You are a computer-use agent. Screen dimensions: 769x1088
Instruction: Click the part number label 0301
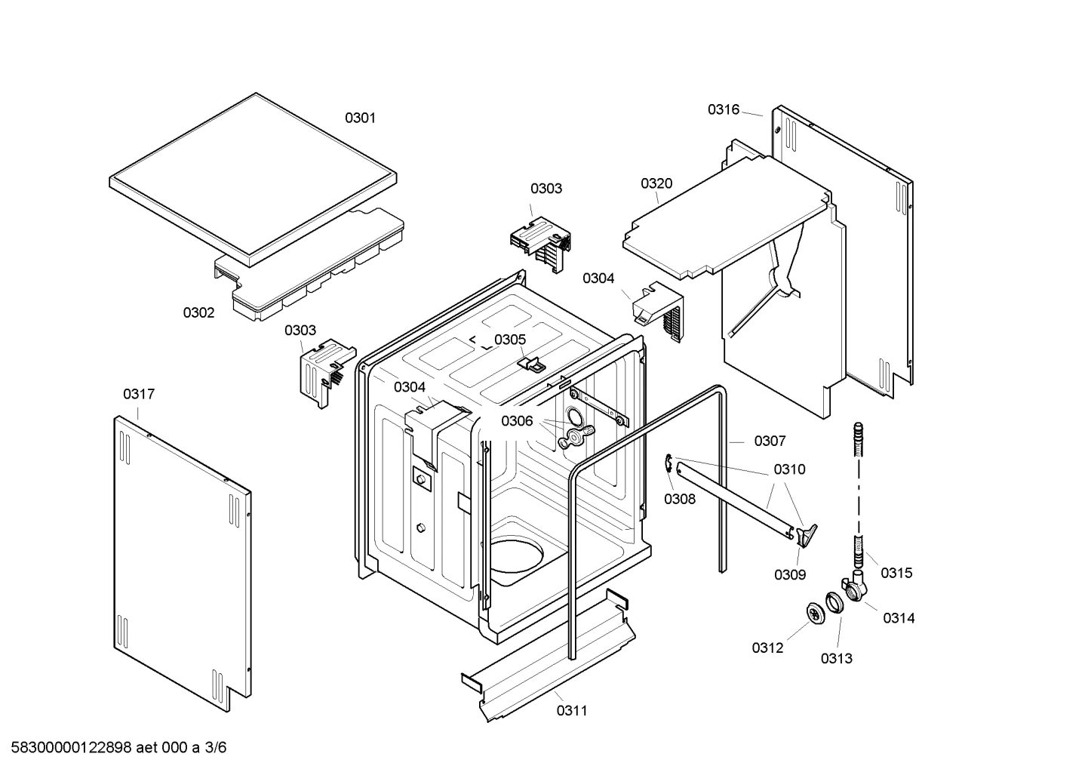360,118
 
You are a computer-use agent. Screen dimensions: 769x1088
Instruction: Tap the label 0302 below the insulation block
198,312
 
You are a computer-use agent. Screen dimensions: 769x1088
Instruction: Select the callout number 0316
723,109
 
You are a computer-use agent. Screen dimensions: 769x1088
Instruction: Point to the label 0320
656,183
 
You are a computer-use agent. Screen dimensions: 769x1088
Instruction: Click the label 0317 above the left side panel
139,394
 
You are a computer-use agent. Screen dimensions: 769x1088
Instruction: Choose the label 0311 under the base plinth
572,710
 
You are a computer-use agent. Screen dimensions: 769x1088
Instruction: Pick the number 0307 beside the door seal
770,441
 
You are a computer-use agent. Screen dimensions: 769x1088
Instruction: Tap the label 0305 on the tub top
510,340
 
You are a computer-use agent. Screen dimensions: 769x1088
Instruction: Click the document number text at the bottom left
113,748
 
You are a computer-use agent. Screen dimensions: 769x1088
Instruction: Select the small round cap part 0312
814,614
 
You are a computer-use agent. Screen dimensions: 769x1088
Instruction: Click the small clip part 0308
669,466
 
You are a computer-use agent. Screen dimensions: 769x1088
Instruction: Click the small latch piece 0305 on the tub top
532,364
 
